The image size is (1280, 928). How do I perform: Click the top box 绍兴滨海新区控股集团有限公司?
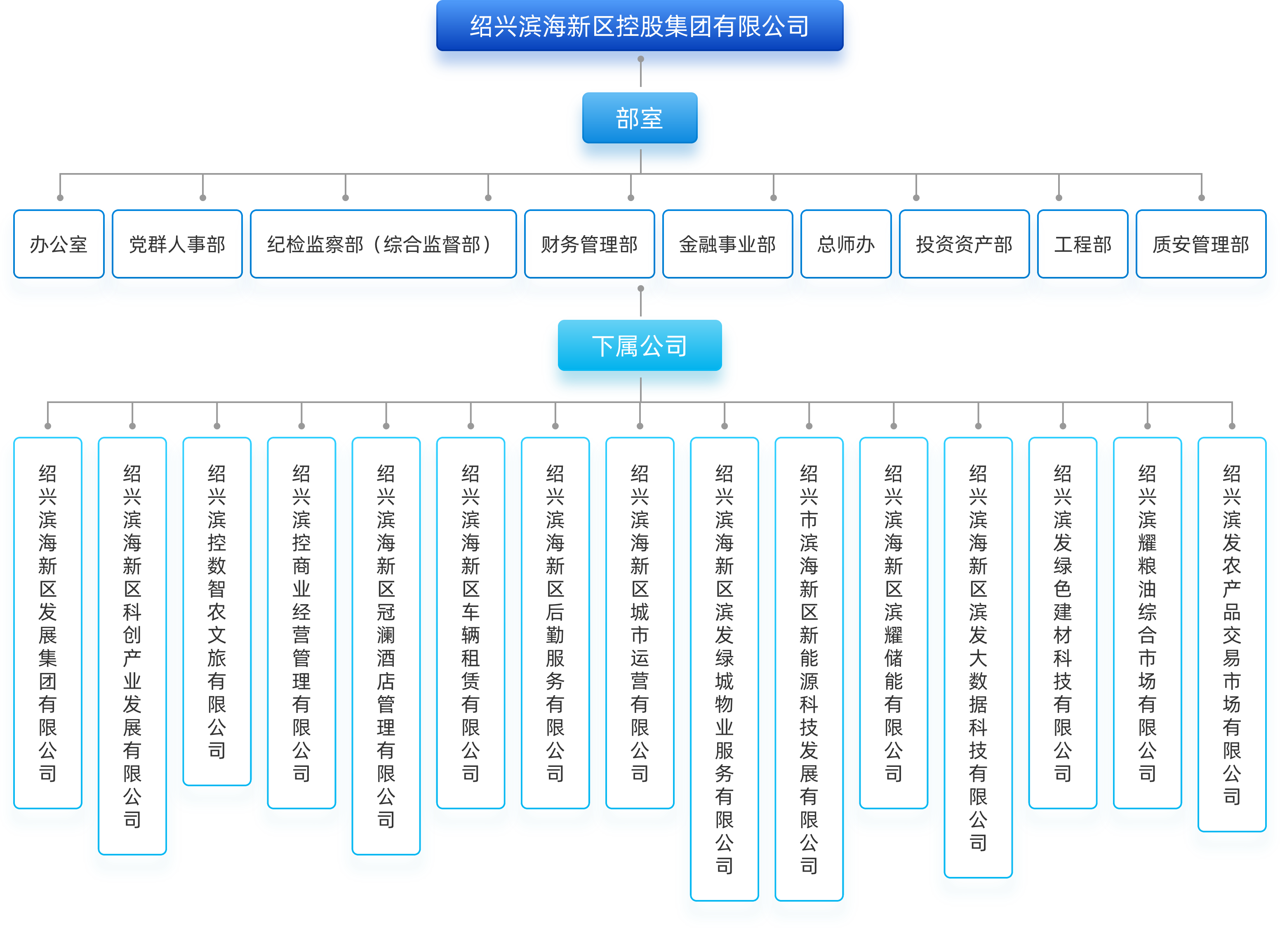tap(640, 26)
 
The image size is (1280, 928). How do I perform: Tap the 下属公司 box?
tap(640, 346)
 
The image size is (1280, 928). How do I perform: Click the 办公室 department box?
tap(58, 244)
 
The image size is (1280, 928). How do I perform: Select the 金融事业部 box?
tap(727, 244)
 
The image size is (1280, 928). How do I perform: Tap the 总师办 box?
tap(845, 244)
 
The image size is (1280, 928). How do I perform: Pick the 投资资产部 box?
tap(964, 244)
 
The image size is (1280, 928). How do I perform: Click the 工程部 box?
tap(1082, 244)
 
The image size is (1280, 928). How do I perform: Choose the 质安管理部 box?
tap(1201, 244)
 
